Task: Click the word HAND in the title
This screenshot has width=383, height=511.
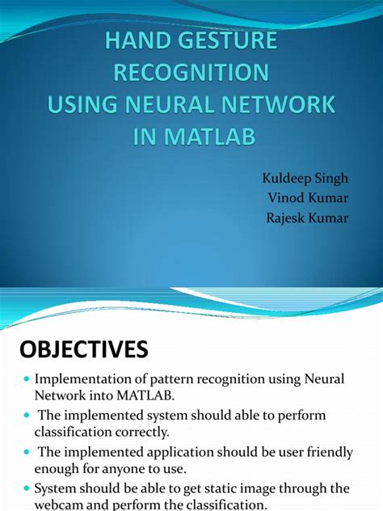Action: [x=135, y=40]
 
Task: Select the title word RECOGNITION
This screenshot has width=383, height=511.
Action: [x=191, y=72]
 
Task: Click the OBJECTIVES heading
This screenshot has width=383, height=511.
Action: [x=84, y=348]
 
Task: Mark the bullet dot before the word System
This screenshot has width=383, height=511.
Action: [x=27, y=488]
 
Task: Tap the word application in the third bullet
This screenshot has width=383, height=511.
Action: [x=171, y=451]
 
